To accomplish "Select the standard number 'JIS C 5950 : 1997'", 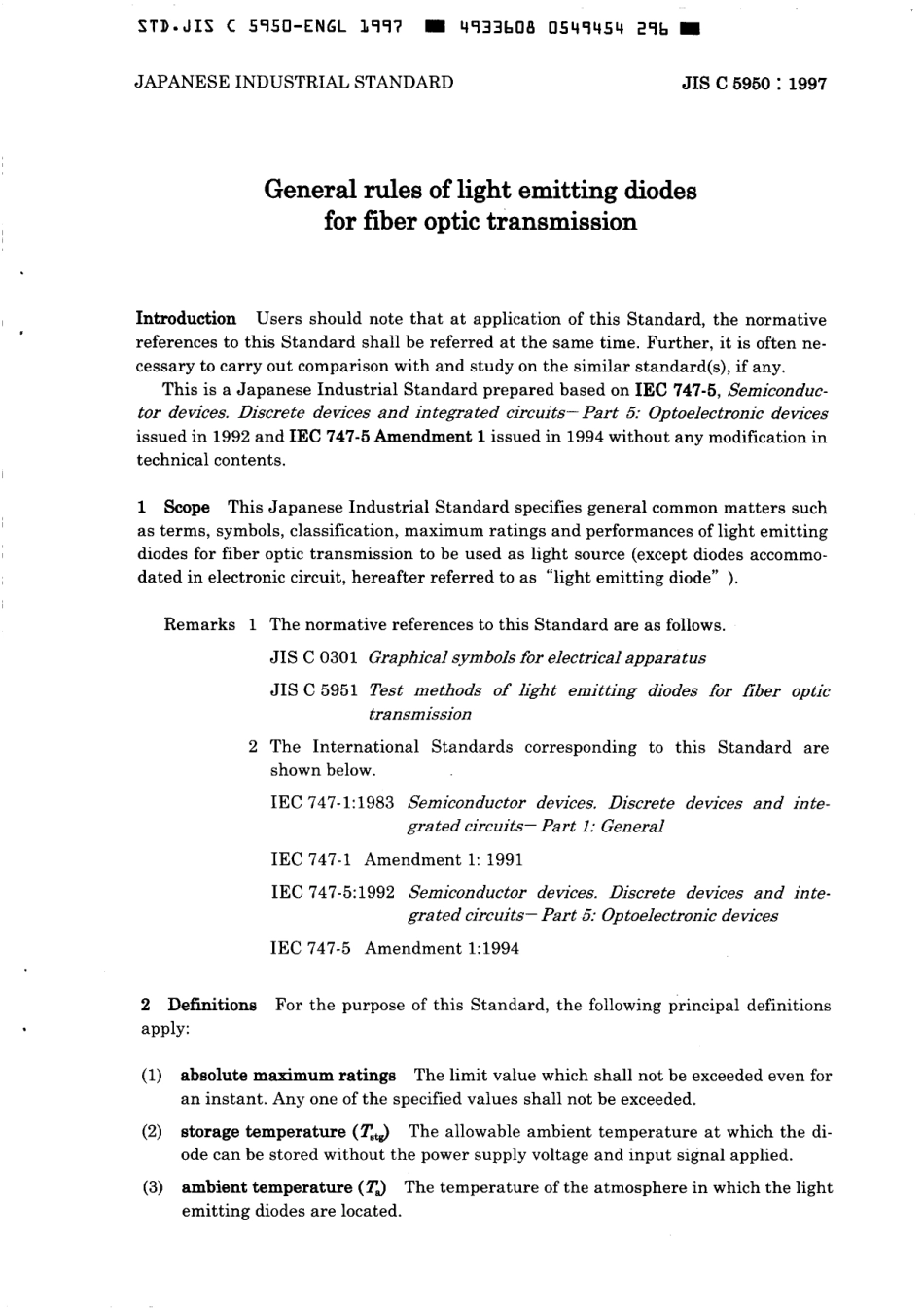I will (754, 84).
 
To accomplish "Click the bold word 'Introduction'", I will (186, 319).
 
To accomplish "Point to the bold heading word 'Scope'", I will (187, 508).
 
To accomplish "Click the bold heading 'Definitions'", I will (212, 1005).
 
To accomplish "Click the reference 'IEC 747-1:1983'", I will (332, 803).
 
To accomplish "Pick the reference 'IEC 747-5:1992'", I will (332, 892).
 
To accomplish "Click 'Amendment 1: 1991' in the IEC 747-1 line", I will (444, 859).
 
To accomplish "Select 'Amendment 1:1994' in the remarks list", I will (442, 948).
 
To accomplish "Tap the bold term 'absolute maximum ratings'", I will (288, 1076).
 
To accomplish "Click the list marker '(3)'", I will (151, 1187).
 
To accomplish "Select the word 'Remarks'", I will (199, 624).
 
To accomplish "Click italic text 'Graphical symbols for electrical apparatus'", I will (537, 657).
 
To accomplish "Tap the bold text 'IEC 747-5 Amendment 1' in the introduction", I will (387, 437).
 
